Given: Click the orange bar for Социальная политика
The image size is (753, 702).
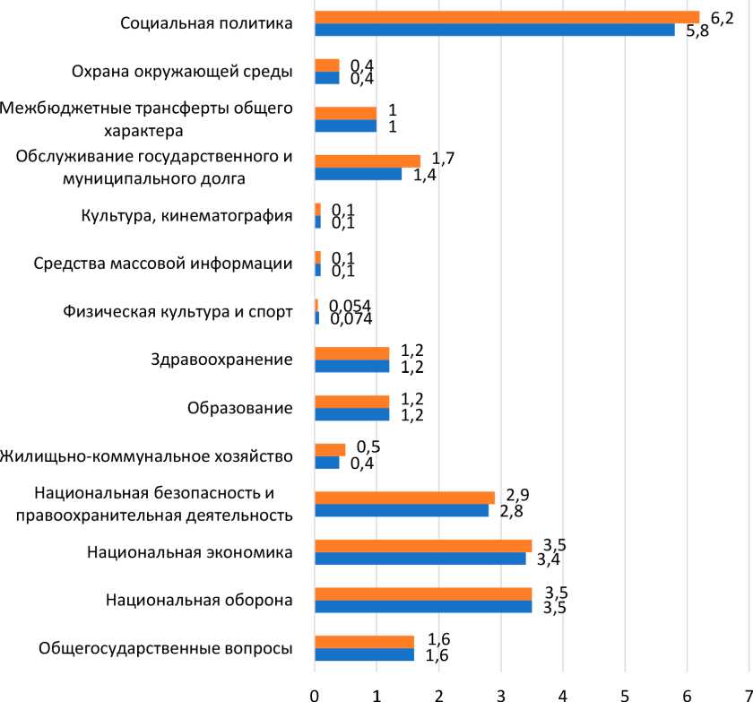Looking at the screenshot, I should point(506,17).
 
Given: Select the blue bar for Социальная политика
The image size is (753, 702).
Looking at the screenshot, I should point(494,30).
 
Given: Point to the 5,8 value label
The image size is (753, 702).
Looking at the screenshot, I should point(697,31).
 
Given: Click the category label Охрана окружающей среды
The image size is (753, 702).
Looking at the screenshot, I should point(181,72).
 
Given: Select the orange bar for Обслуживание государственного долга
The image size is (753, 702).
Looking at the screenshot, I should point(368,161).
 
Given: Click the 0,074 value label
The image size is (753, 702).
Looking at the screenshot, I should point(351,318).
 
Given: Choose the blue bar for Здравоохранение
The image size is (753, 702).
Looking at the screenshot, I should point(352,367).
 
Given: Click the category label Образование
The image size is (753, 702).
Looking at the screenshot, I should point(239,409).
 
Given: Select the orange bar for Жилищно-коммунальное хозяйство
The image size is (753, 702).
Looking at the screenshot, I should point(330,449).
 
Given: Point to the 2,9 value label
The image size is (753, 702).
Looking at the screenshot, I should point(517,496).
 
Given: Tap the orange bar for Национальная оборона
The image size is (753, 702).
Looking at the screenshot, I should point(423,594).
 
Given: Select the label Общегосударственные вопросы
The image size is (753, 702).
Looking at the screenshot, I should point(167,649).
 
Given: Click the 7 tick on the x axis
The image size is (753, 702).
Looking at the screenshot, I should point(748,693).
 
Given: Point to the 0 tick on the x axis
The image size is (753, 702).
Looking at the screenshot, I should point(315,693).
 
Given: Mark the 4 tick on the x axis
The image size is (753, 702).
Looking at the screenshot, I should point(563,693).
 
